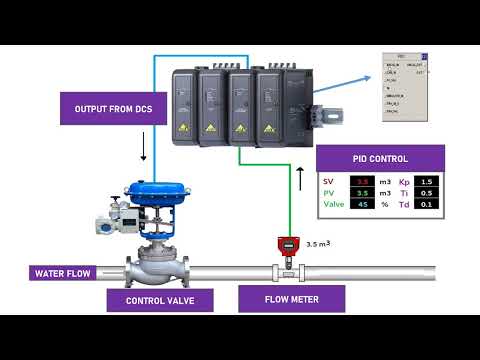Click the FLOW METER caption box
[x=291, y=299]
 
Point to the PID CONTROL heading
[x=380, y=159]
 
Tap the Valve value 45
[x=364, y=204]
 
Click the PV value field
[x=364, y=192]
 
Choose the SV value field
[x=364, y=180]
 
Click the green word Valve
[x=333, y=204]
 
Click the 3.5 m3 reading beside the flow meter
[x=318, y=243]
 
